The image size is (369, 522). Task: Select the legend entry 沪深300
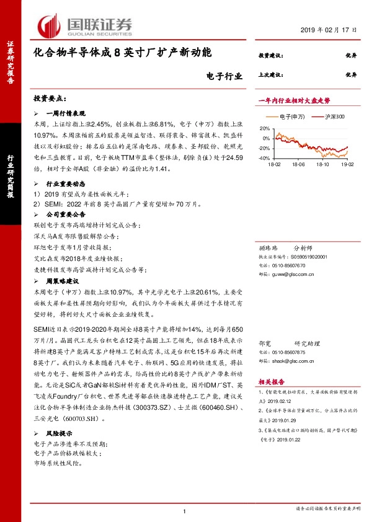coord(325,117)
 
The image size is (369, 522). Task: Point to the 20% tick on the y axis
coord(265,128)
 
